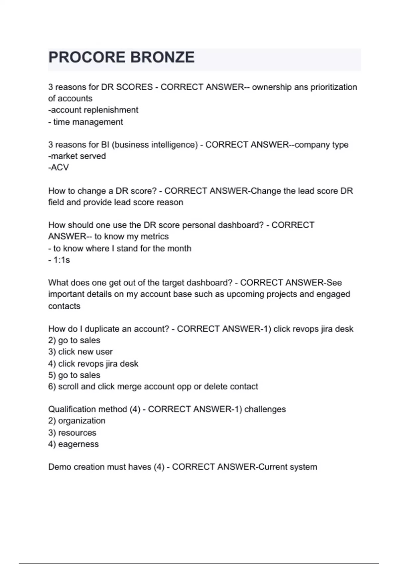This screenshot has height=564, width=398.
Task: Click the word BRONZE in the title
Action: [x=162, y=57]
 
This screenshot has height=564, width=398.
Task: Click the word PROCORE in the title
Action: [x=87, y=57]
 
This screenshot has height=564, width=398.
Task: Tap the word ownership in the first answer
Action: [x=272, y=87]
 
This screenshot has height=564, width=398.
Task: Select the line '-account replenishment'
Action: [x=93, y=110]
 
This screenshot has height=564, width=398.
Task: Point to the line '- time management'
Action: [x=86, y=122]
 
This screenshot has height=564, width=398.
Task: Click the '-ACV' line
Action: [x=58, y=168]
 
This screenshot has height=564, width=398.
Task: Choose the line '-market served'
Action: [x=77, y=156]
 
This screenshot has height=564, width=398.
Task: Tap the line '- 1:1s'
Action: [x=59, y=260]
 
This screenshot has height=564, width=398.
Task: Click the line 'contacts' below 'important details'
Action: [x=64, y=306]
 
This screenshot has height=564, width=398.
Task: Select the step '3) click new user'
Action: [x=81, y=352]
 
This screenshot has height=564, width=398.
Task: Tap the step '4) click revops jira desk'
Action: [x=93, y=364]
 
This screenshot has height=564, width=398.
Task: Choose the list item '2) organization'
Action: [x=77, y=421]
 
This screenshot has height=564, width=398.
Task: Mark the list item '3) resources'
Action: [x=72, y=433]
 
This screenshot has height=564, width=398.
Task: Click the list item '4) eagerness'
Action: [x=73, y=444]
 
